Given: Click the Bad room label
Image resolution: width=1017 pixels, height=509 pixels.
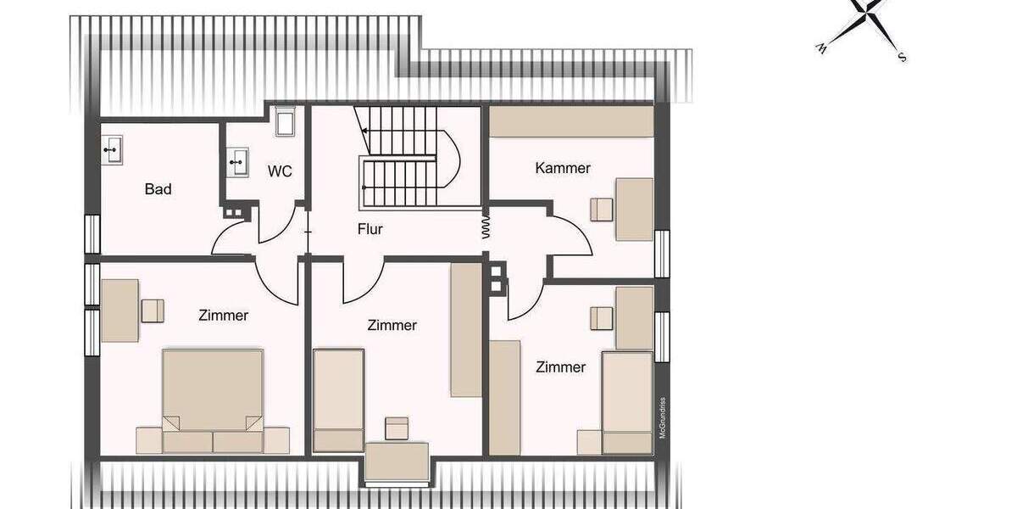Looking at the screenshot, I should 158,188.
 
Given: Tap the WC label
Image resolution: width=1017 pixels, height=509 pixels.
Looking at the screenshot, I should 280,171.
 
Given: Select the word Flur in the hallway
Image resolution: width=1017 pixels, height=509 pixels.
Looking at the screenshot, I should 370,228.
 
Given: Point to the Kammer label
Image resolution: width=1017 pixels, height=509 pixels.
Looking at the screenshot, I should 563,168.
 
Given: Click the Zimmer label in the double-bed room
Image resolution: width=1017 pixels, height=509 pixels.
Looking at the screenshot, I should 224,316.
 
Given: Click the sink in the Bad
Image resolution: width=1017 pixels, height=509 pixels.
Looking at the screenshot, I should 112,151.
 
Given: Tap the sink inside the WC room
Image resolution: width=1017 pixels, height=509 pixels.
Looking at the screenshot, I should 238,161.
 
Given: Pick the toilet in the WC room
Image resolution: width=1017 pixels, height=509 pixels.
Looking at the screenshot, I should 284,121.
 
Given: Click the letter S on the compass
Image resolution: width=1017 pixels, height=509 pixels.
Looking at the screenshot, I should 903,58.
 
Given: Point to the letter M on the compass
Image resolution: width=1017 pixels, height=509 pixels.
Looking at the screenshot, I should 821,49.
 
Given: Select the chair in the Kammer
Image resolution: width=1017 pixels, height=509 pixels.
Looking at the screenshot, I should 601,209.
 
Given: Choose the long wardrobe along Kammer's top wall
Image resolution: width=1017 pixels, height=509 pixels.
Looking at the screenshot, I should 572,121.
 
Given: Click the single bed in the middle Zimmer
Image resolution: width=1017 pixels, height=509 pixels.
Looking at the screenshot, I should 339,399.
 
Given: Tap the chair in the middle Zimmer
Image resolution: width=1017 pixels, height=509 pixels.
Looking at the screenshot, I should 396,428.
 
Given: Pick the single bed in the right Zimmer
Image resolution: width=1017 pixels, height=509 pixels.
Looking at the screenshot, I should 627,401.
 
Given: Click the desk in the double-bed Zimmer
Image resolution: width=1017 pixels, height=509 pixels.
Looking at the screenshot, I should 119,310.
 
